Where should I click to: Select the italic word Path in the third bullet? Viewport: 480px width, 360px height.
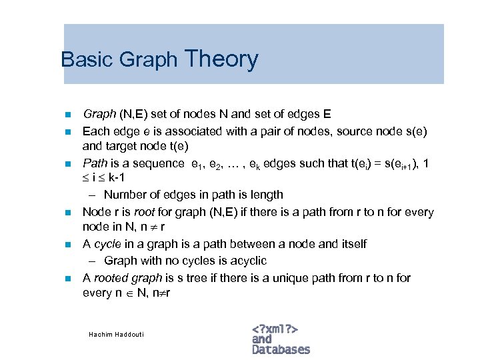94,163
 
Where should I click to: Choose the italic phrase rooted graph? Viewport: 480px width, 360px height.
129,277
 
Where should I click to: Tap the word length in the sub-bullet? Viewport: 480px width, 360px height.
265,195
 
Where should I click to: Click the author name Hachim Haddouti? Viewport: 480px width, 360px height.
116,333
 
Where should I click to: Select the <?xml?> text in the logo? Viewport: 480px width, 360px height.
275,329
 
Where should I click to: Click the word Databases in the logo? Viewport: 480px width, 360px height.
281,349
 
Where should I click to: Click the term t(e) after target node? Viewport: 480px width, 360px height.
176,145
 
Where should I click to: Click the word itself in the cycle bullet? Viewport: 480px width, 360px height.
351,244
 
